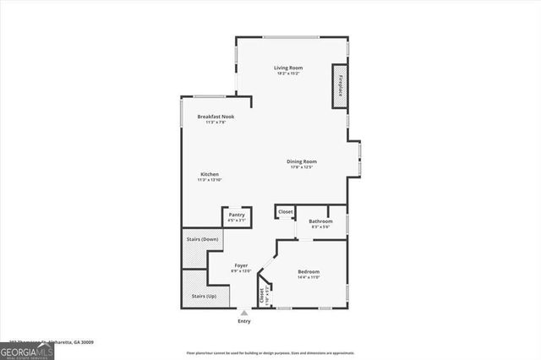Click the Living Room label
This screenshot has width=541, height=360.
287,68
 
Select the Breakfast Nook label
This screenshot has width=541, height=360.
216,117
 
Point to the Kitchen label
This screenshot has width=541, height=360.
209,174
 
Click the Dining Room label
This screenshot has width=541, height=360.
301,161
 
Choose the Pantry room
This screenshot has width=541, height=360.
237,216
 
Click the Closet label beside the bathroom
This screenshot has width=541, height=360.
286,211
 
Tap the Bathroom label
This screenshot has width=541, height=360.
320,221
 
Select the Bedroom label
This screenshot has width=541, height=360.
309,272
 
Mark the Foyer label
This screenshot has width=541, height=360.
241,266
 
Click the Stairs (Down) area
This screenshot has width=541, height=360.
201,240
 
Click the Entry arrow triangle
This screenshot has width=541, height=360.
244,313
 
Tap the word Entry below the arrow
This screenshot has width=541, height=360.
244,321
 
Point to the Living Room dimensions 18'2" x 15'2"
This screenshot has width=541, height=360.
287,74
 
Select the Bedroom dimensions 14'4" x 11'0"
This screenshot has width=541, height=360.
309,277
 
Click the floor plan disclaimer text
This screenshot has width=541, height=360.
270,352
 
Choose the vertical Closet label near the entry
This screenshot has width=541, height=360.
263,296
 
